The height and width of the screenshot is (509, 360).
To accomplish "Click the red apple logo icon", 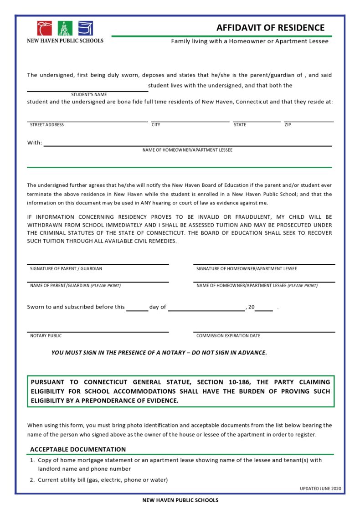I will click(45, 29).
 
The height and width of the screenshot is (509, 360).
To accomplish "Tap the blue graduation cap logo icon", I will click(86, 29).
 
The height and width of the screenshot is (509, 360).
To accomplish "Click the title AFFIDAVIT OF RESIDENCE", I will click(270, 28).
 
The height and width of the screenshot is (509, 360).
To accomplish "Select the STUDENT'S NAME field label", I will click(89, 95).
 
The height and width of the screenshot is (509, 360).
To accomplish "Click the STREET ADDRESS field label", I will click(47, 125).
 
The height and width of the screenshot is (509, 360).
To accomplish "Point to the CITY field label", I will click(156, 125).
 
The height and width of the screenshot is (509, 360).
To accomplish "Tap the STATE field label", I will click(240, 125).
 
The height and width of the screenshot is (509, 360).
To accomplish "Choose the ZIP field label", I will click(288, 125).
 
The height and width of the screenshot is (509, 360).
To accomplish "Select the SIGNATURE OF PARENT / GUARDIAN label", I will click(66, 269).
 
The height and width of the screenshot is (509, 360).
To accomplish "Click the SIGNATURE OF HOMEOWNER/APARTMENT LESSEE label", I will click(247, 269).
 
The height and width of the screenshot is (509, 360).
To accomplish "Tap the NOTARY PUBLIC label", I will click(46, 336).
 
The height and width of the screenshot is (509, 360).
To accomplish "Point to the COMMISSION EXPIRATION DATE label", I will click(228, 336).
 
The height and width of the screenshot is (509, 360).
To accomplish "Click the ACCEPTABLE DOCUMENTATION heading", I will click(78, 449).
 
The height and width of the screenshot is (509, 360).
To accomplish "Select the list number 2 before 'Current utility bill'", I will click(32, 480).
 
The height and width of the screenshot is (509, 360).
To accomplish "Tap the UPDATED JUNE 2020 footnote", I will click(320, 488).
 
